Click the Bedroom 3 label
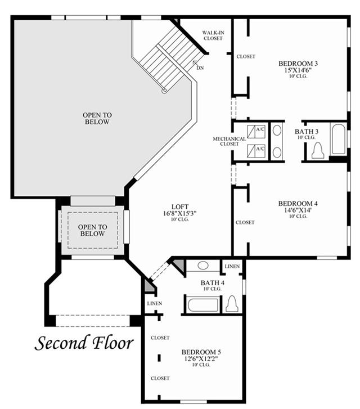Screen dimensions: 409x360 click(298, 64)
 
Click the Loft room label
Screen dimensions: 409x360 click(181, 206)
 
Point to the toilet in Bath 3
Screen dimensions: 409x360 click(318, 150)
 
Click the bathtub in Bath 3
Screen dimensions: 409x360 click(338, 139)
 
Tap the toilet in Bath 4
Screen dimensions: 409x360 click(232, 304)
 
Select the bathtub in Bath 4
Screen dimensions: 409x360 click(202, 305)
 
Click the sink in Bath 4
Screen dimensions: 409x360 click(203, 266)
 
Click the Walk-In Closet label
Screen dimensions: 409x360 click(213, 35)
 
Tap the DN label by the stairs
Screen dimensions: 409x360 click(200, 68)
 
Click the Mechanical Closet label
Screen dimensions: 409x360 click(229, 141)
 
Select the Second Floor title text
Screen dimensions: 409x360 click(84, 343)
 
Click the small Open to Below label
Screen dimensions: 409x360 click(92, 230)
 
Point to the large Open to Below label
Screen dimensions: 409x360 click(97, 118)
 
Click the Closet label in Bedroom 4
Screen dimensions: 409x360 click(245, 222)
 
